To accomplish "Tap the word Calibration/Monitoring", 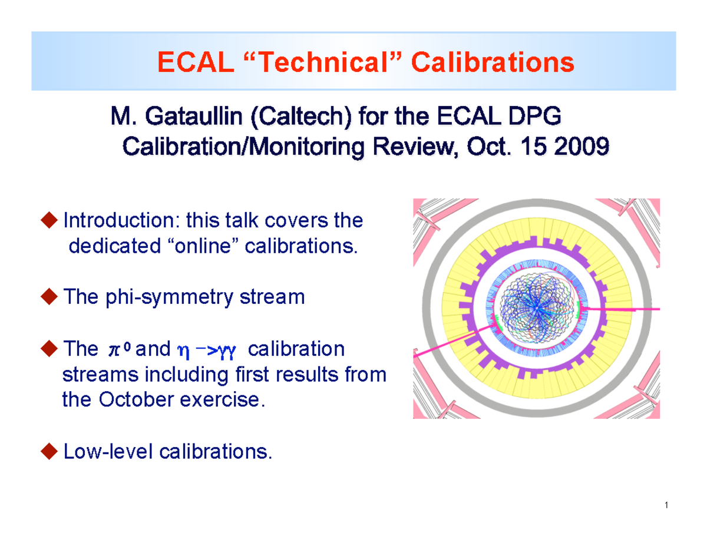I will [227, 147].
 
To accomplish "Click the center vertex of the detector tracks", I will [537, 307].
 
